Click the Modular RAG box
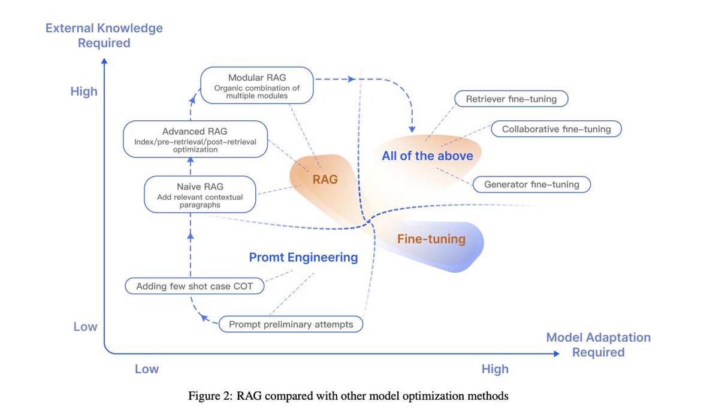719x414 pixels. [256, 84]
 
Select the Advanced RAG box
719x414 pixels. [195, 139]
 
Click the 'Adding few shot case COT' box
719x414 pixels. [195, 286]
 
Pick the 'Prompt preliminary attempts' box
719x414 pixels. [291, 325]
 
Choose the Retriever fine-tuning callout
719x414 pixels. [511, 99]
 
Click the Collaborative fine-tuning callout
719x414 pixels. [556, 129]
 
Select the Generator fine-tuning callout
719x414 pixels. [531, 184]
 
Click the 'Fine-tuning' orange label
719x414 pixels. [431, 239]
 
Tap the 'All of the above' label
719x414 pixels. [427, 156]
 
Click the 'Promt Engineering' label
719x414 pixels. [303, 257]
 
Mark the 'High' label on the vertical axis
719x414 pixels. [83, 92]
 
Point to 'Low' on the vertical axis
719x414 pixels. [85, 327]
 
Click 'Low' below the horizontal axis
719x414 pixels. [146, 369]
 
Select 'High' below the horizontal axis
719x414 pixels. [495, 369]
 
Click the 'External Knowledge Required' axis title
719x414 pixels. [104, 35]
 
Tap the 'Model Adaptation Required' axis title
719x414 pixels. [598, 345]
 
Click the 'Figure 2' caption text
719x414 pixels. [348, 395]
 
